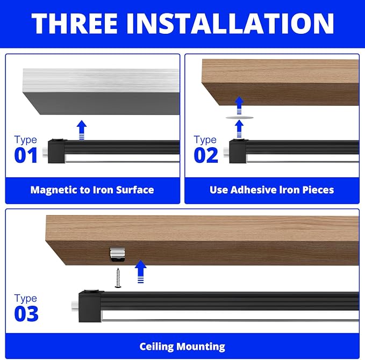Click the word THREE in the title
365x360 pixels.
(75, 23)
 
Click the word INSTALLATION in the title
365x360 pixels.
(230, 23)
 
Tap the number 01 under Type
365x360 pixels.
(26, 155)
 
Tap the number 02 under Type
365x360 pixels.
(206, 155)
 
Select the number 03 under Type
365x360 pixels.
(26, 314)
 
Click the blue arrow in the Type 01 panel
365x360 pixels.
(82, 130)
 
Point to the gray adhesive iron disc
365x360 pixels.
(240, 118)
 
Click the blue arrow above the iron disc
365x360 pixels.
(239, 105)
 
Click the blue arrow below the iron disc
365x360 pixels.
(239, 129)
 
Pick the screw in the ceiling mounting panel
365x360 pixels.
(118, 278)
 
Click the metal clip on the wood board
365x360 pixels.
(117, 255)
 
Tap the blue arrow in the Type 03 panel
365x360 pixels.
(141, 271)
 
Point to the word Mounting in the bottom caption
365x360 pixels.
(201, 347)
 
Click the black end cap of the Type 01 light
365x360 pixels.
(56, 152)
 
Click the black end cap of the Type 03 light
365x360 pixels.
(90, 306)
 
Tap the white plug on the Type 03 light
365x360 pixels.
(75, 306)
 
